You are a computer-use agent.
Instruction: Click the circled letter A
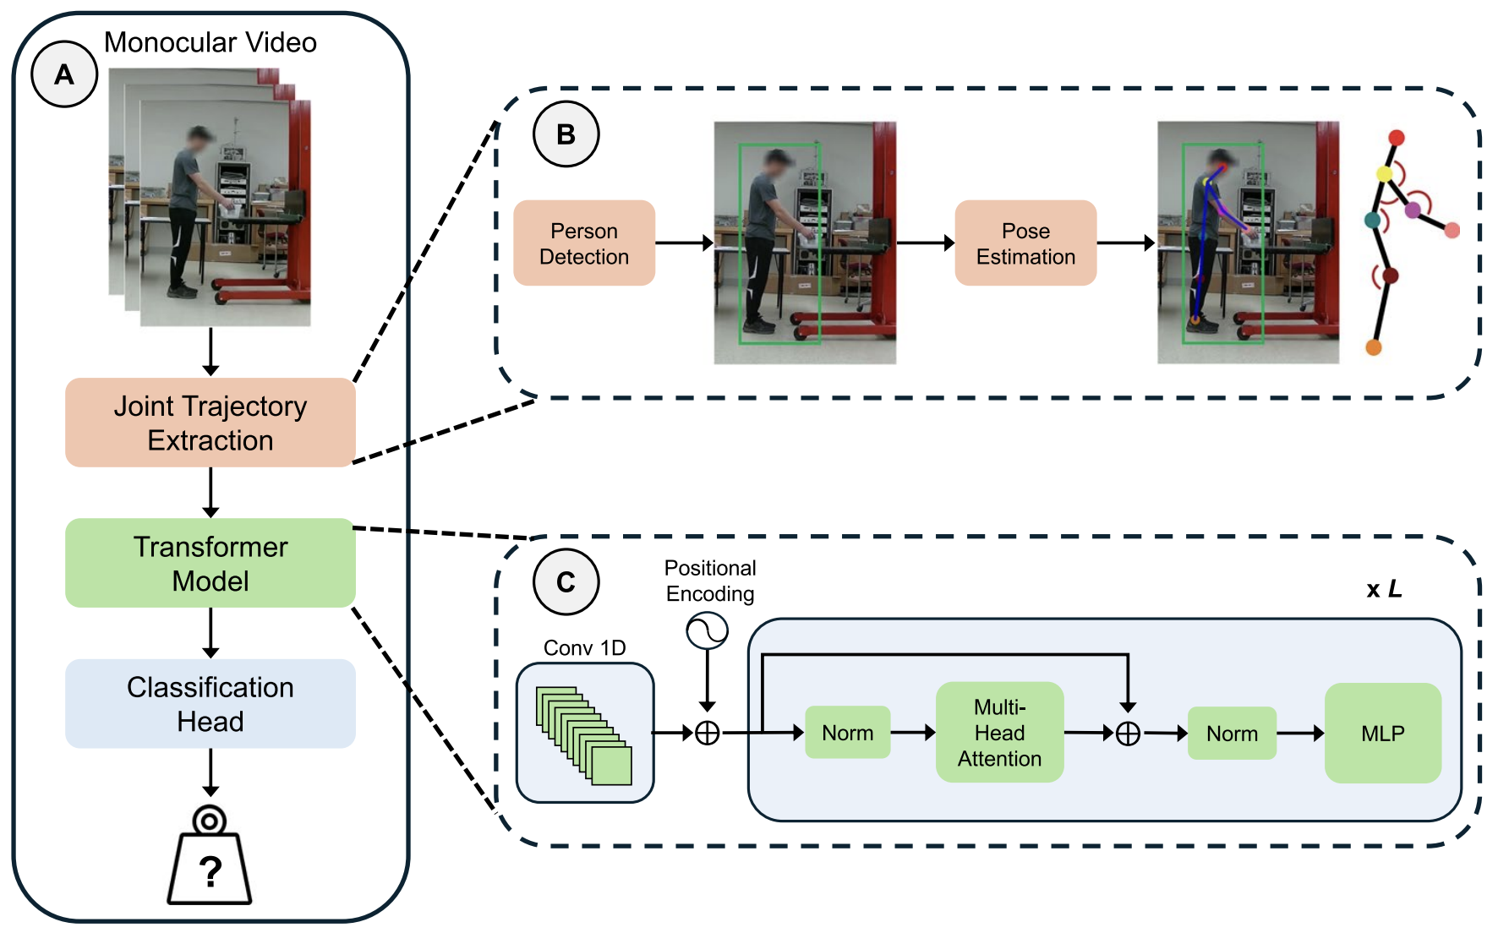pos(64,74)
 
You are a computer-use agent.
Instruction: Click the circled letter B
pos(566,134)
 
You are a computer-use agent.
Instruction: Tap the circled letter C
pos(566,581)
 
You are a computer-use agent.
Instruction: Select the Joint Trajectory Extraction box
pos(210,423)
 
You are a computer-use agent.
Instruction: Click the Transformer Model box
pos(210,563)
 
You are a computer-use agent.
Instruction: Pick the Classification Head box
pos(210,703)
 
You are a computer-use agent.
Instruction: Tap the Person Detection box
pos(584,243)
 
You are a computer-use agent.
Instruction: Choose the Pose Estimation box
pos(1025,243)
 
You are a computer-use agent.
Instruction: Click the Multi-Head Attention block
pos(999,732)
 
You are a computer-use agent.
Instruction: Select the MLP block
pos(1382,733)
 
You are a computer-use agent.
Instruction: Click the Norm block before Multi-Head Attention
pos(847,733)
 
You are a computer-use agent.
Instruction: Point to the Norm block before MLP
pos(1232,734)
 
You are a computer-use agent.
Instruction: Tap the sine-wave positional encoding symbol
pos(708,630)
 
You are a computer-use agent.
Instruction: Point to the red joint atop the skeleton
pos(1397,138)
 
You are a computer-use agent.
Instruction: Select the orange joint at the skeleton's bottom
pos(1374,346)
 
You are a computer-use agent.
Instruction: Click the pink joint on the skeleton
pos(1452,230)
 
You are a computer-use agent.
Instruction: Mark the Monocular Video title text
pos(210,42)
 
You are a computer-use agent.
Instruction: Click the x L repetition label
pos(1384,589)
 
